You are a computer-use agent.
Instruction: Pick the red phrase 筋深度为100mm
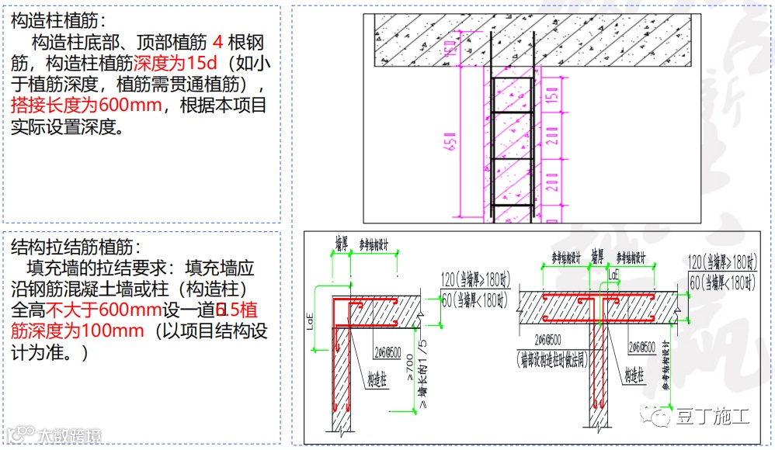[x=78, y=331]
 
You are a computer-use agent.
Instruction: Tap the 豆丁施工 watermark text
[x=713, y=417]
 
